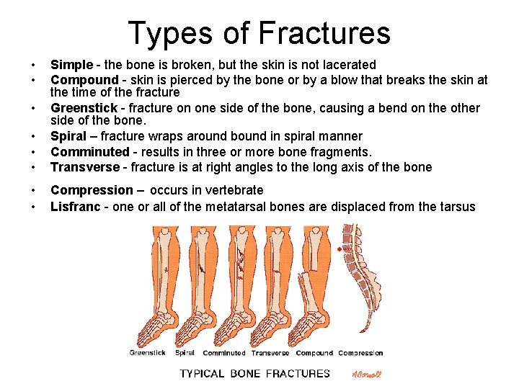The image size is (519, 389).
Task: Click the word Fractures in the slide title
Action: click(324, 33)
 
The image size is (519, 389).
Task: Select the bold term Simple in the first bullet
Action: click(71, 65)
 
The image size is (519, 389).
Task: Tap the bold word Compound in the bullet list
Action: click(84, 79)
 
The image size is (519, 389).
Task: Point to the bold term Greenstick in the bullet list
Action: click(84, 108)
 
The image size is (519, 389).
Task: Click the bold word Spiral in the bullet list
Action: click(69, 136)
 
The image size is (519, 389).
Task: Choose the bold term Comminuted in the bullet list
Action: click(89, 152)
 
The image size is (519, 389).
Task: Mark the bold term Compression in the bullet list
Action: click(92, 190)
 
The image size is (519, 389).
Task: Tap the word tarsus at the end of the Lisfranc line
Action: click(456, 207)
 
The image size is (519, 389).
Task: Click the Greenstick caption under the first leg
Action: click(147, 353)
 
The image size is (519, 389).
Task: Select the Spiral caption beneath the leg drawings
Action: click(185, 353)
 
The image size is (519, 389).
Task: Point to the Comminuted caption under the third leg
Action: click(223, 353)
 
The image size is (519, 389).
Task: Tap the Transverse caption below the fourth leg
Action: click(270, 353)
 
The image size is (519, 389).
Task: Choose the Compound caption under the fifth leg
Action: click(314, 353)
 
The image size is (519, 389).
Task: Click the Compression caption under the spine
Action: click(360, 353)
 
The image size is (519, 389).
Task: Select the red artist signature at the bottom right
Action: click(366, 374)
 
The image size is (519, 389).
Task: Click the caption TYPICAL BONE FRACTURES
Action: click(254, 373)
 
